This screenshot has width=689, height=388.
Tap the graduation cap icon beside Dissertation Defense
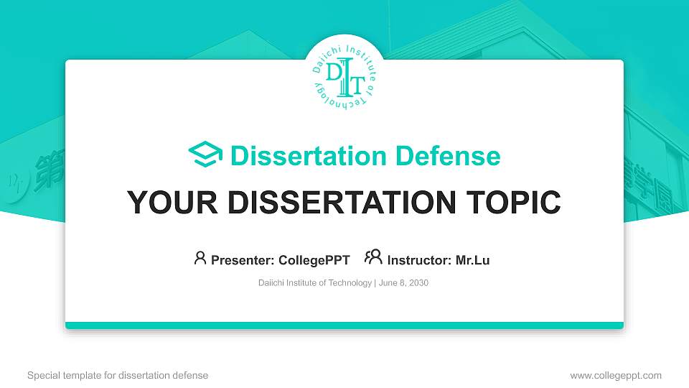(205, 155)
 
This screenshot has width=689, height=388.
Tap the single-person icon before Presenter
(200, 258)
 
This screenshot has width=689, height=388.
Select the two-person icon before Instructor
(373, 258)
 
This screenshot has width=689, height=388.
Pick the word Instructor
(418, 260)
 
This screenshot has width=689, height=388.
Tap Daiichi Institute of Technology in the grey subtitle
(314, 283)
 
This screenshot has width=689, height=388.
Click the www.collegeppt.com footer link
(616, 375)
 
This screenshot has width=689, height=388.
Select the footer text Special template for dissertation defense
(118, 375)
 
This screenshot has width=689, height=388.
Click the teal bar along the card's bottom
(344, 325)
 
